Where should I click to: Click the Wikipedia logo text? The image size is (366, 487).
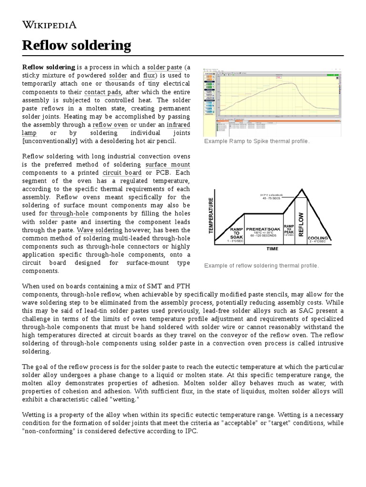pyautogui.click(x=49, y=25)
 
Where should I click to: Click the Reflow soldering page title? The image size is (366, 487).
pyautogui.click(x=76, y=45)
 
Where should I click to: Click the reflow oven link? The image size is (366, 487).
pyautogui.click(x=109, y=125)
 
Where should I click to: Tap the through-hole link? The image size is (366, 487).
pyautogui.click(x=69, y=214)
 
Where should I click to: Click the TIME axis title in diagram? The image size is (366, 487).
pyautogui.click(x=273, y=248)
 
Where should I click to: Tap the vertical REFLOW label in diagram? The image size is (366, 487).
pyautogui.click(x=301, y=218)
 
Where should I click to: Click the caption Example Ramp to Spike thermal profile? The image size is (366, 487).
pyautogui.click(x=256, y=141)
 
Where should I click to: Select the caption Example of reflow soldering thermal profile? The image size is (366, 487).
pyautogui.click(x=261, y=265)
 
